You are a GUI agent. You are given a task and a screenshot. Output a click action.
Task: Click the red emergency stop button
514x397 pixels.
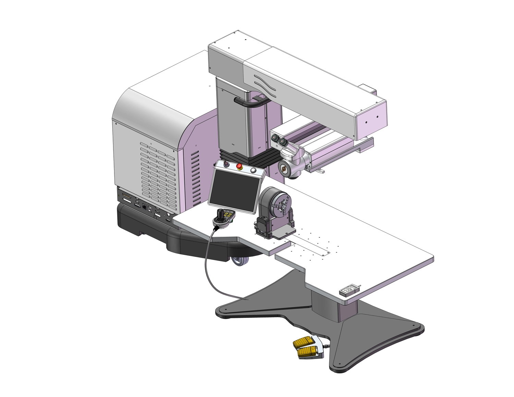click(239, 167)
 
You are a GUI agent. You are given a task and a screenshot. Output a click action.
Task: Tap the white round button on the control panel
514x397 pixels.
click(253, 170)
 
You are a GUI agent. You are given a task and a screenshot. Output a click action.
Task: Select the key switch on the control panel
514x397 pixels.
click(226, 164)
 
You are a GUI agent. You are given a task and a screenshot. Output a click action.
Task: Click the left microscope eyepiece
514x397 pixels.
click(274, 138)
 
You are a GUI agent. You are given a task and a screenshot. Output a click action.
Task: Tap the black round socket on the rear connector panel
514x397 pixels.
click(144, 208)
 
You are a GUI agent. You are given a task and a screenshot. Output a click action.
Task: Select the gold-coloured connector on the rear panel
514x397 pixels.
click(126, 198)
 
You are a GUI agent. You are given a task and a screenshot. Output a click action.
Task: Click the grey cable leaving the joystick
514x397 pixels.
click(208, 260)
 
